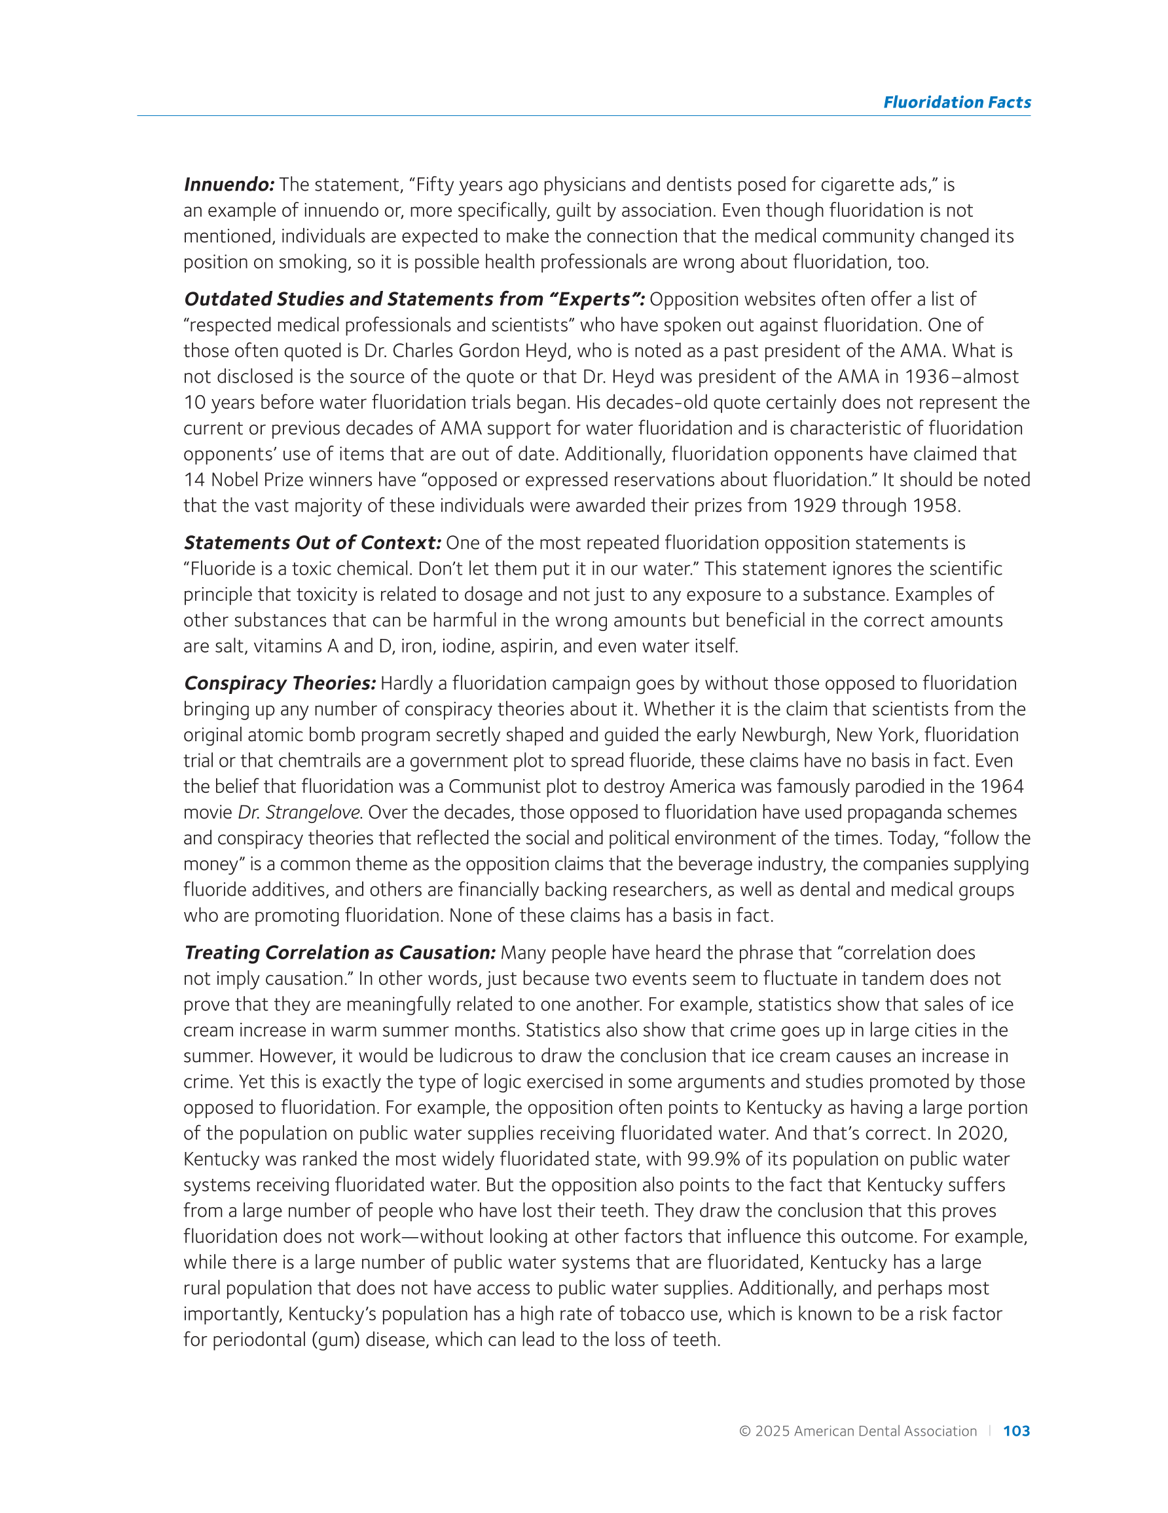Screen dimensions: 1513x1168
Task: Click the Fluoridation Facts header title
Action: pyautogui.click(x=956, y=102)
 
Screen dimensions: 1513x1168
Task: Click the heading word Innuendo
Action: pyautogui.click(x=229, y=185)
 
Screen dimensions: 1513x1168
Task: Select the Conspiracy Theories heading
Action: pyautogui.click(x=280, y=683)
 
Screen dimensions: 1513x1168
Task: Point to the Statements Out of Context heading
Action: pyautogui.click(x=312, y=543)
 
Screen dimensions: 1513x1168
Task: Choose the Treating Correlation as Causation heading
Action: pyautogui.click(x=340, y=953)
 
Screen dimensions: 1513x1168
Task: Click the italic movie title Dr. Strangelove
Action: pyautogui.click(x=299, y=813)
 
